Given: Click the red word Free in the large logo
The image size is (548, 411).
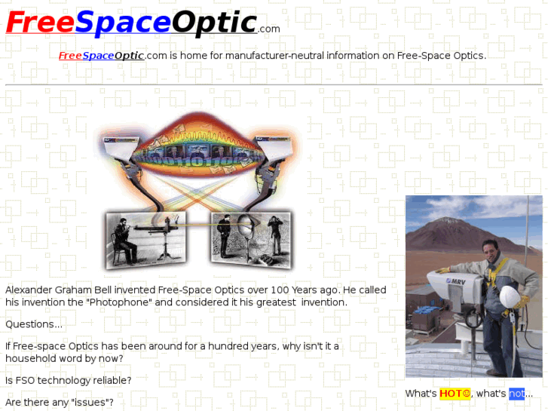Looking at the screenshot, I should (x=39, y=23).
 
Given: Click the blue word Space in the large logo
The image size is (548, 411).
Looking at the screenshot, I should (x=123, y=23).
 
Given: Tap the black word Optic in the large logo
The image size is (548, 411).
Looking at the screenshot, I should (x=213, y=23).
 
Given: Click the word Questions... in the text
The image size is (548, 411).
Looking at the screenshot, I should (x=34, y=324).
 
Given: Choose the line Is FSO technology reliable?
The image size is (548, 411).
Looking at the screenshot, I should (x=69, y=381).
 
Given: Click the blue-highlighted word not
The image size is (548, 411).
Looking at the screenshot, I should (x=516, y=394).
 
